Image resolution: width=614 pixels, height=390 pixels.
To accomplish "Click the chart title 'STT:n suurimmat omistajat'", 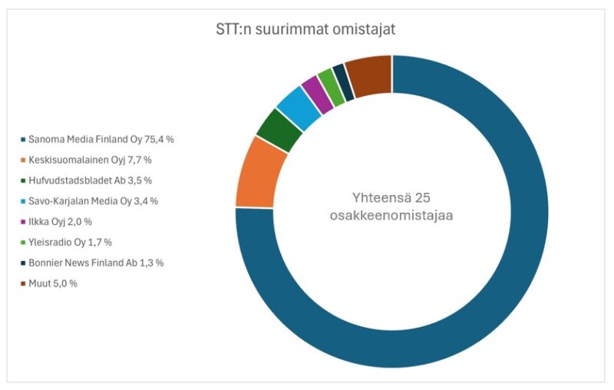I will click(305, 30).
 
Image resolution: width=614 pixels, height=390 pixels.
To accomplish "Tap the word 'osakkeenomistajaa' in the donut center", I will click(391, 216).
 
